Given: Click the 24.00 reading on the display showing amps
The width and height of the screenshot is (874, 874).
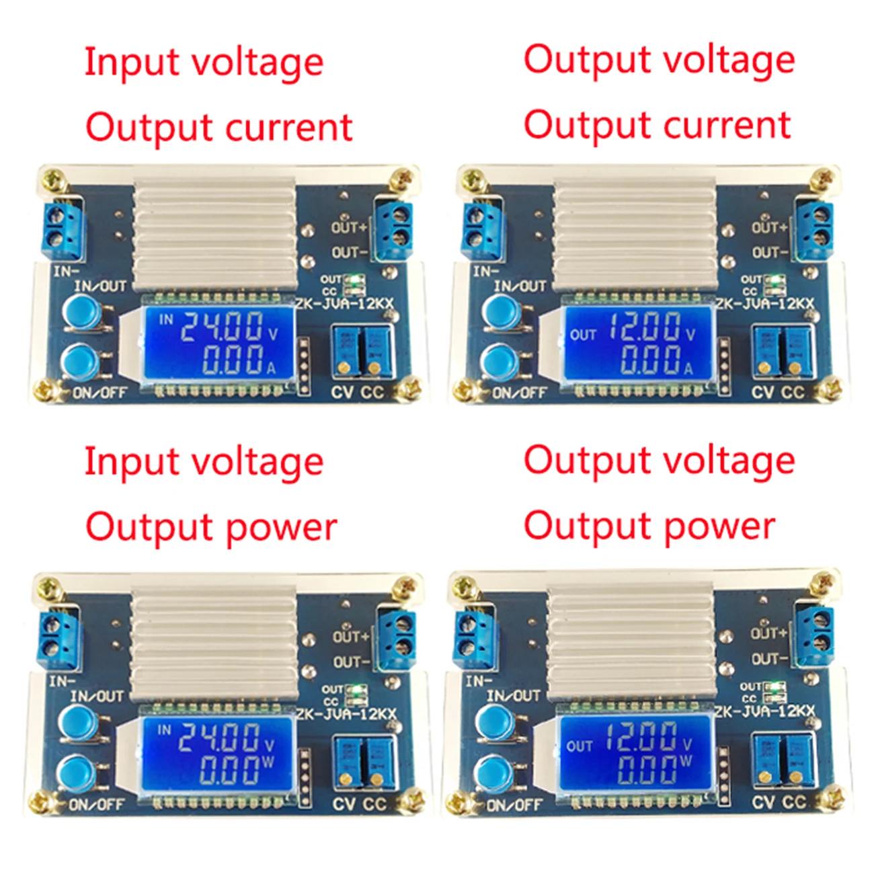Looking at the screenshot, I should [222, 327].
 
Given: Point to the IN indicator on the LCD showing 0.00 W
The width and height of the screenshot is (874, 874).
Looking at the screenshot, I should [164, 729].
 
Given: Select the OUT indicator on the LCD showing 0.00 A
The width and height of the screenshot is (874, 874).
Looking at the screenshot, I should [582, 334].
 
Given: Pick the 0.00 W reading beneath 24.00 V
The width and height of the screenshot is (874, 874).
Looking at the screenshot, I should [229, 768].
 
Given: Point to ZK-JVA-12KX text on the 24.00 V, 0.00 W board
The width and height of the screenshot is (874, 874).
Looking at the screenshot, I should [346, 713].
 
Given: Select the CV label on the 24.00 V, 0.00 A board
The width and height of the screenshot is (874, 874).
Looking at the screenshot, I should [342, 392].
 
